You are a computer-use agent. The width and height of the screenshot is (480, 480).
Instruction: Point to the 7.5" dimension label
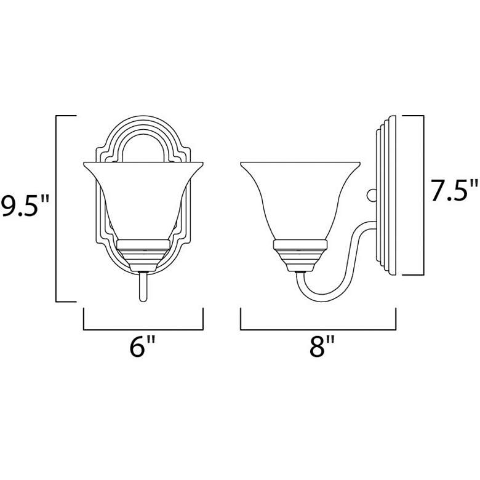click(454, 191)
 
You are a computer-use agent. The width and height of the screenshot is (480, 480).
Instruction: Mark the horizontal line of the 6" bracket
click(143, 329)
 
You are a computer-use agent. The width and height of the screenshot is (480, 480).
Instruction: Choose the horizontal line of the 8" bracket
click(318, 329)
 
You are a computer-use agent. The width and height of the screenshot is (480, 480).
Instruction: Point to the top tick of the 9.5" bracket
click(66, 115)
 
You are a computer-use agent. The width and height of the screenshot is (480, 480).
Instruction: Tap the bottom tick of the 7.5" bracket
click(414, 273)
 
